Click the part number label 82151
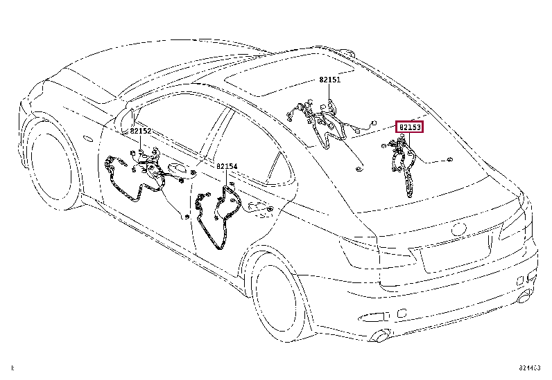(x=330, y=80)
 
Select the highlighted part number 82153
(x=410, y=127)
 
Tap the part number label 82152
(x=141, y=131)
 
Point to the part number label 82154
(x=227, y=166)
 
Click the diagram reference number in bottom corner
(x=529, y=368)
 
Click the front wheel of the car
(x=53, y=162)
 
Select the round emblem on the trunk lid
(x=459, y=229)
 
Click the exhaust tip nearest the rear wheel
(x=379, y=336)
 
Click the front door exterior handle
(x=177, y=168)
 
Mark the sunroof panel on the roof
(x=289, y=75)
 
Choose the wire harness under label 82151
(x=327, y=127)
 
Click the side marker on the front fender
(x=88, y=139)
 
